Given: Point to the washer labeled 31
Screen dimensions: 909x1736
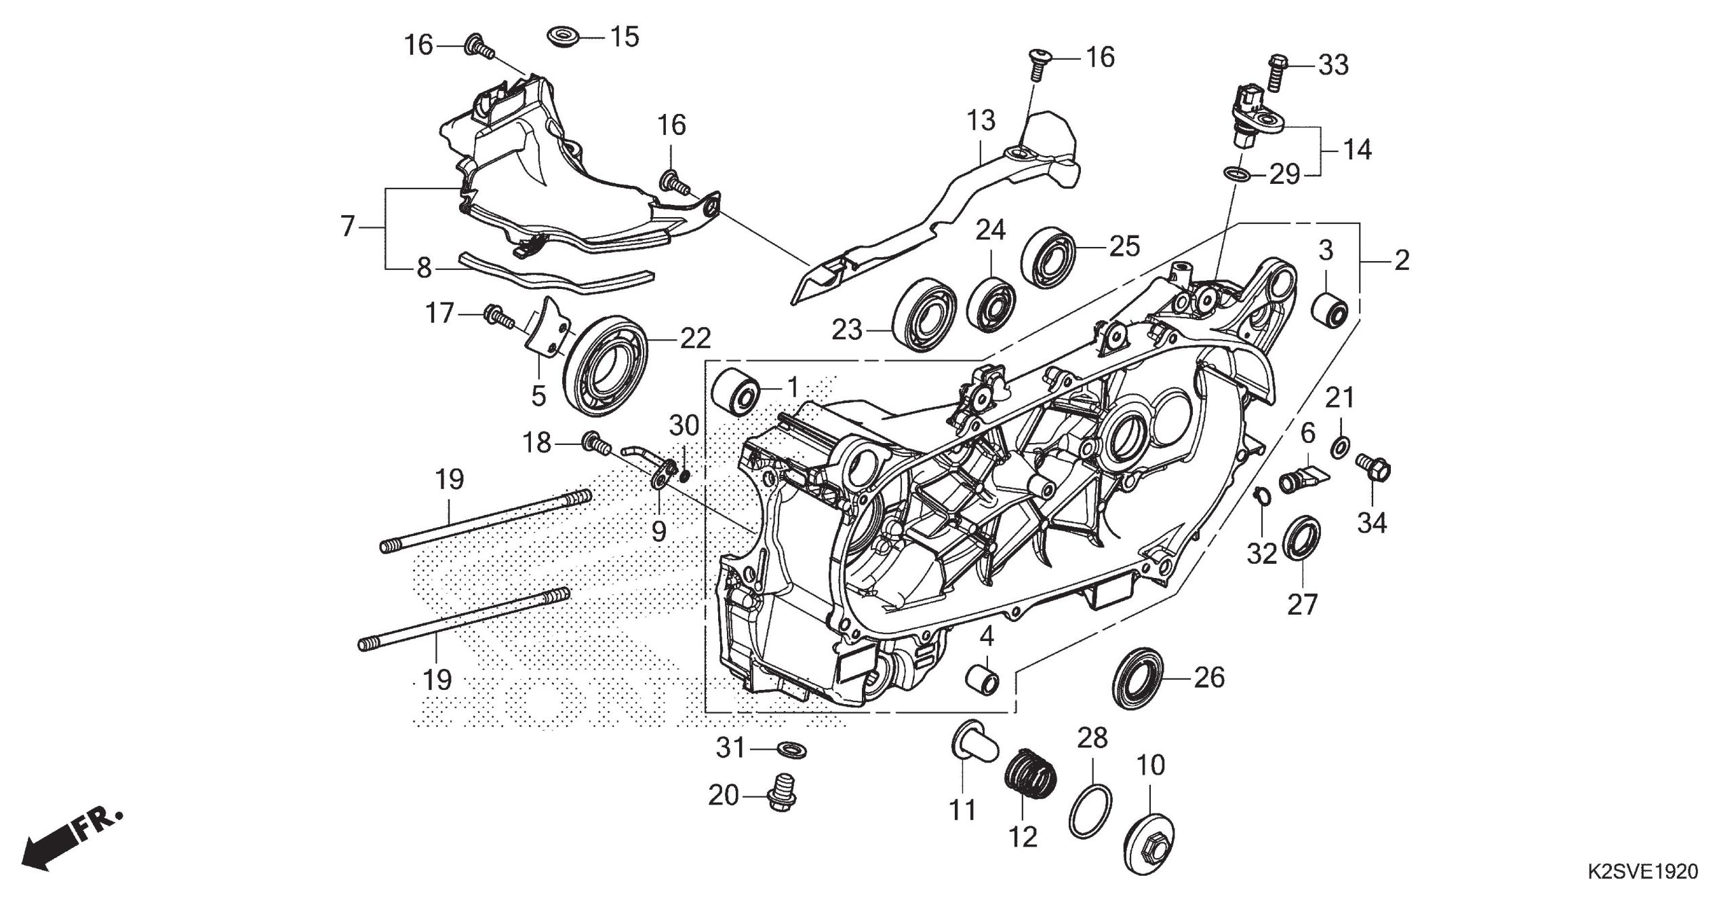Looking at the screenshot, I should (x=789, y=750).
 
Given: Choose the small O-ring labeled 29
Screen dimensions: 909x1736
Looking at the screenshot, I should (x=1237, y=175).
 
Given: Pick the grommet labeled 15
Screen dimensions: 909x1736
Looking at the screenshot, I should (x=561, y=35).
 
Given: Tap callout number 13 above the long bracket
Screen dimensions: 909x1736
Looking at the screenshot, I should (x=981, y=121).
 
